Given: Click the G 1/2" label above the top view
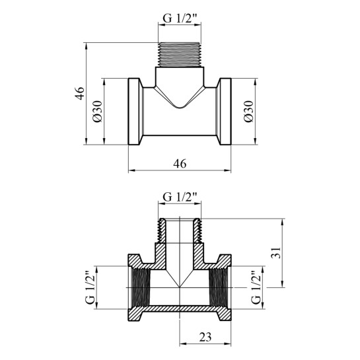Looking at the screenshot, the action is click(180, 18).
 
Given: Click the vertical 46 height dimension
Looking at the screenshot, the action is click(80, 93).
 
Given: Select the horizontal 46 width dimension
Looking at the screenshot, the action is click(180, 164).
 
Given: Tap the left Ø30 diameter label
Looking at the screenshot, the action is click(98, 112).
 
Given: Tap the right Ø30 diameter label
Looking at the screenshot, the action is click(248, 112).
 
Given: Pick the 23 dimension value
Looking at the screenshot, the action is click(205, 338).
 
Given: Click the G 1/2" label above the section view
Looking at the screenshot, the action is click(180, 197).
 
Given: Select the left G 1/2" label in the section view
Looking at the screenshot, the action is click(90, 288).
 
